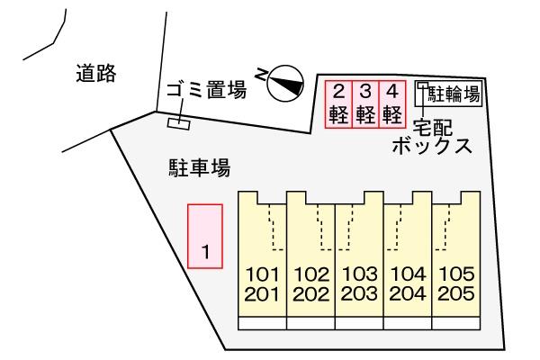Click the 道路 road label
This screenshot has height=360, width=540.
(96, 74)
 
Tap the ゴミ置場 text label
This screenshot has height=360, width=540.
(207, 89)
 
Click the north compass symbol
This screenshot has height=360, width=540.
(285, 84)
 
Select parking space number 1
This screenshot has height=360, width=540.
(205, 236)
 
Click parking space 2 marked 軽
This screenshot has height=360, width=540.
(339, 104)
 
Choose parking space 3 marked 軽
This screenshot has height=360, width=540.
(365, 104)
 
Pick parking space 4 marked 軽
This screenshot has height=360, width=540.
(392, 104)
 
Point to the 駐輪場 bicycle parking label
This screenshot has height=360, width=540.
(454, 94)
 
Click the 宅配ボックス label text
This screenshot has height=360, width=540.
(432, 137)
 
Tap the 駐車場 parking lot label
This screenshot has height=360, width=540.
(200, 167)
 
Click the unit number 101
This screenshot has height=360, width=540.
(262, 274)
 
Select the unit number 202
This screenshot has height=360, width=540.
(310, 294)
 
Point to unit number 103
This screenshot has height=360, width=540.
(359, 274)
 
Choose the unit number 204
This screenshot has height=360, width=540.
(408, 294)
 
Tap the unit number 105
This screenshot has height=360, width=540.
(456, 274)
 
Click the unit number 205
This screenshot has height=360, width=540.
(456, 294)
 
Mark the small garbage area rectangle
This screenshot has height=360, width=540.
(179, 124)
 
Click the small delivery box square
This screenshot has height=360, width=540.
(423, 85)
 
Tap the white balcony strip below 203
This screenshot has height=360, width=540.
(359, 323)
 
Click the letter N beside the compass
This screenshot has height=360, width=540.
(261, 75)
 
